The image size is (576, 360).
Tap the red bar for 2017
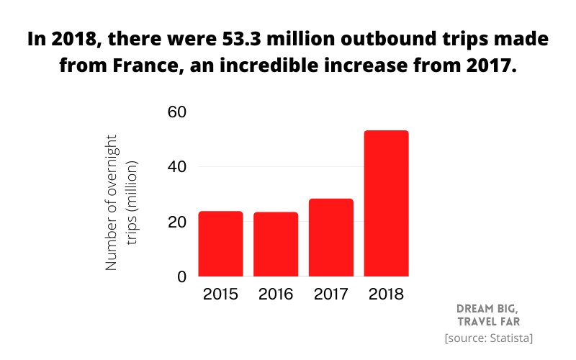click(x=331, y=238)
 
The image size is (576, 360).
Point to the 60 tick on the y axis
click(x=177, y=112)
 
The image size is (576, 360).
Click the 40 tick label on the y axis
click(x=177, y=167)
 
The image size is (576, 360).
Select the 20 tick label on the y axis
click(x=177, y=222)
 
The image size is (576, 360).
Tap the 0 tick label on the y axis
click(x=181, y=276)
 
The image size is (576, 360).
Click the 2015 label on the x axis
click(x=220, y=294)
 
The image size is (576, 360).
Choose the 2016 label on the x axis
click(x=276, y=294)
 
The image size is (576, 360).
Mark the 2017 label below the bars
click(x=331, y=294)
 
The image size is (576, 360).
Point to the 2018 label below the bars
click(x=387, y=294)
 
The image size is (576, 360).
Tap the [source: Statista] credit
click(x=489, y=338)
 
